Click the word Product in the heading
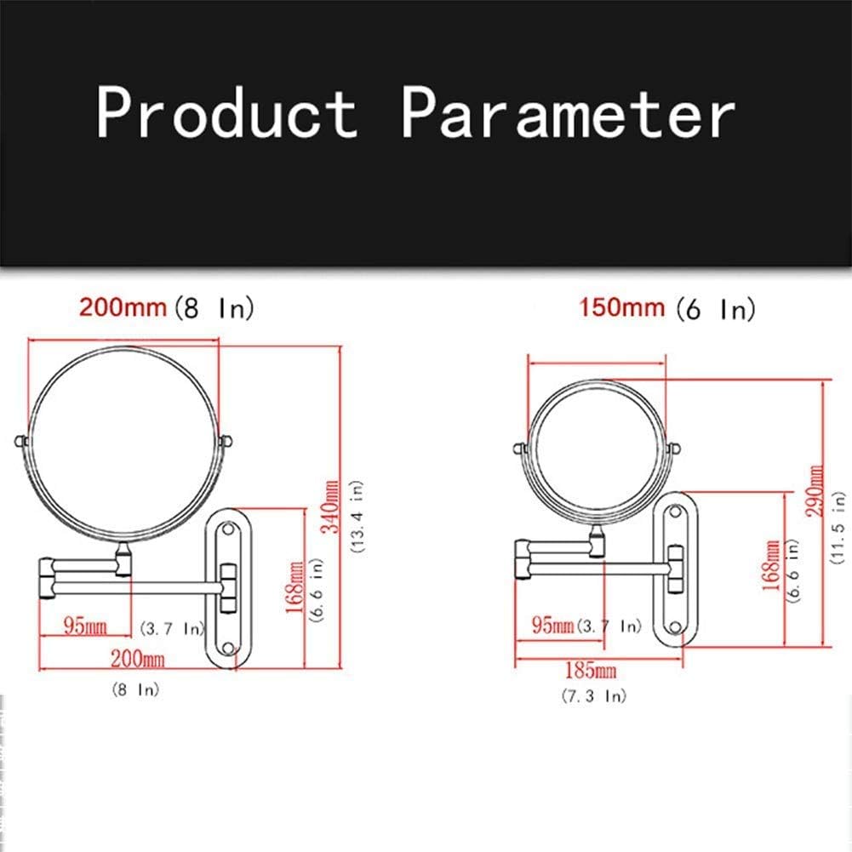pos(227,112)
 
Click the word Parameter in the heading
pos(569,112)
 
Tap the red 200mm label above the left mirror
pos(123,307)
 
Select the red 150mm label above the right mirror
pos(621,307)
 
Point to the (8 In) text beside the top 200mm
pos(214,308)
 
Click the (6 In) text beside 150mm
pos(716,309)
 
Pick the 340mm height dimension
pos(331,506)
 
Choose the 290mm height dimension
pos(815,490)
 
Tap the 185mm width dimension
pos(591,670)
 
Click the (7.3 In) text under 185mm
pos(594,695)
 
